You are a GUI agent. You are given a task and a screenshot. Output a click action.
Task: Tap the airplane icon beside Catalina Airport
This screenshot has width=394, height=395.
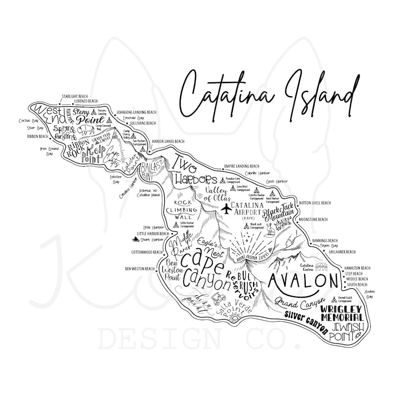coord(226,206)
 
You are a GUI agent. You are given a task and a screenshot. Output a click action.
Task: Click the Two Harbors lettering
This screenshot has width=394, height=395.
coord(192,172)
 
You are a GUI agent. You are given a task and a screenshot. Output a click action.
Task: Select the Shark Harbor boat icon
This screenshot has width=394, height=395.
coord(135,240)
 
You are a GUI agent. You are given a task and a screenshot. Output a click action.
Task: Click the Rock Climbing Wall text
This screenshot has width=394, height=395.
coord(185,210)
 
